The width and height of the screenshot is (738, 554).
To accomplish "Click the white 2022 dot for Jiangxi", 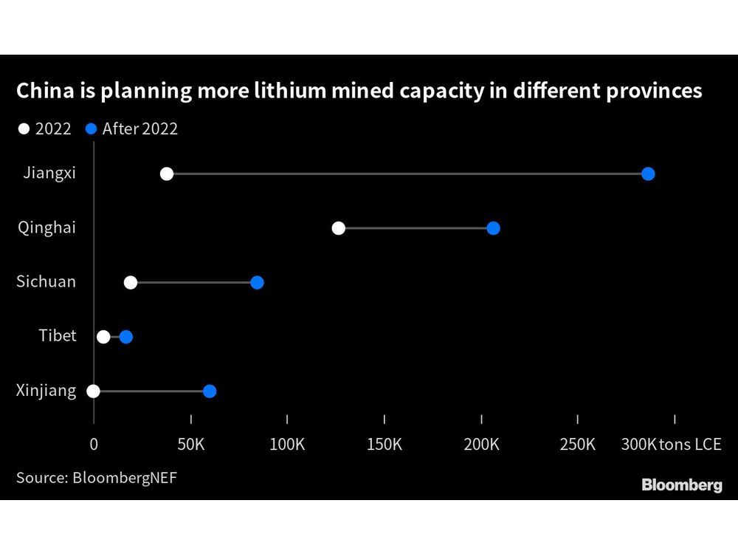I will (x=167, y=174).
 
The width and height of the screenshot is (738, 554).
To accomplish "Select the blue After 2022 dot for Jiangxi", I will (x=648, y=174).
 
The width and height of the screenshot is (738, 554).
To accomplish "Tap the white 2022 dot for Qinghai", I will (x=339, y=228).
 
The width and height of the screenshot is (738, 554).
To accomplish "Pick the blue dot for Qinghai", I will (x=493, y=228).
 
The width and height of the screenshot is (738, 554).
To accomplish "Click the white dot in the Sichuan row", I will (x=131, y=282).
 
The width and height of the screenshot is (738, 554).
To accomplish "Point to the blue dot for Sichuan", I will (x=257, y=282).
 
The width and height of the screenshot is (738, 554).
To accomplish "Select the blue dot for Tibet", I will (x=126, y=337).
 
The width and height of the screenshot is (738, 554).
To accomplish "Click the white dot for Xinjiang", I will (x=93, y=391).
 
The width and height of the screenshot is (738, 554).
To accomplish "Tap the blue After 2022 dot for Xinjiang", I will (x=210, y=391).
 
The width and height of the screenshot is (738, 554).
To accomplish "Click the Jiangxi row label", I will (x=49, y=173).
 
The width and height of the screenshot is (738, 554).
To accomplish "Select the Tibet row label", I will (x=58, y=336).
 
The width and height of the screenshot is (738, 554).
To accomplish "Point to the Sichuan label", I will (x=46, y=281).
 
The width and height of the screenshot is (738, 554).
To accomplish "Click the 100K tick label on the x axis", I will (x=287, y=444).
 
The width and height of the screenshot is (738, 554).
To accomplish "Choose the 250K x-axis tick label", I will (x=577, y=444).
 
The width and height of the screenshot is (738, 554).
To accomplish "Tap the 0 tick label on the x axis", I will (x=94, y=444).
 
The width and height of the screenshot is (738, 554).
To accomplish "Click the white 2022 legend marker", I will (x=24, y=129).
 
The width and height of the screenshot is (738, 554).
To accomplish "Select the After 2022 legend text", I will (x=139, y=129).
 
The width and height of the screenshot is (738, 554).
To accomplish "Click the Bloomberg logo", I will (x=681, y=485).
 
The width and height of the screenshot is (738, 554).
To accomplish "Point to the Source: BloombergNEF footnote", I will (x=97, y=477).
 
